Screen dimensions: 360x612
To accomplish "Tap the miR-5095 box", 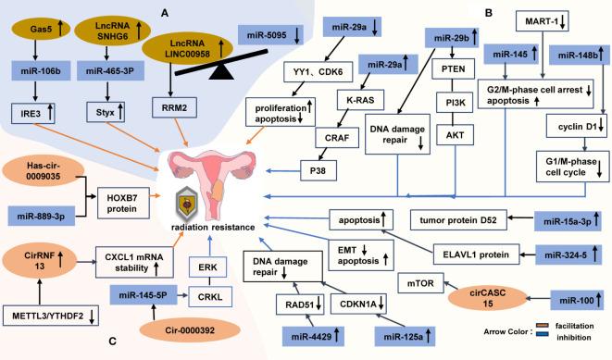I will click(267, 35).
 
